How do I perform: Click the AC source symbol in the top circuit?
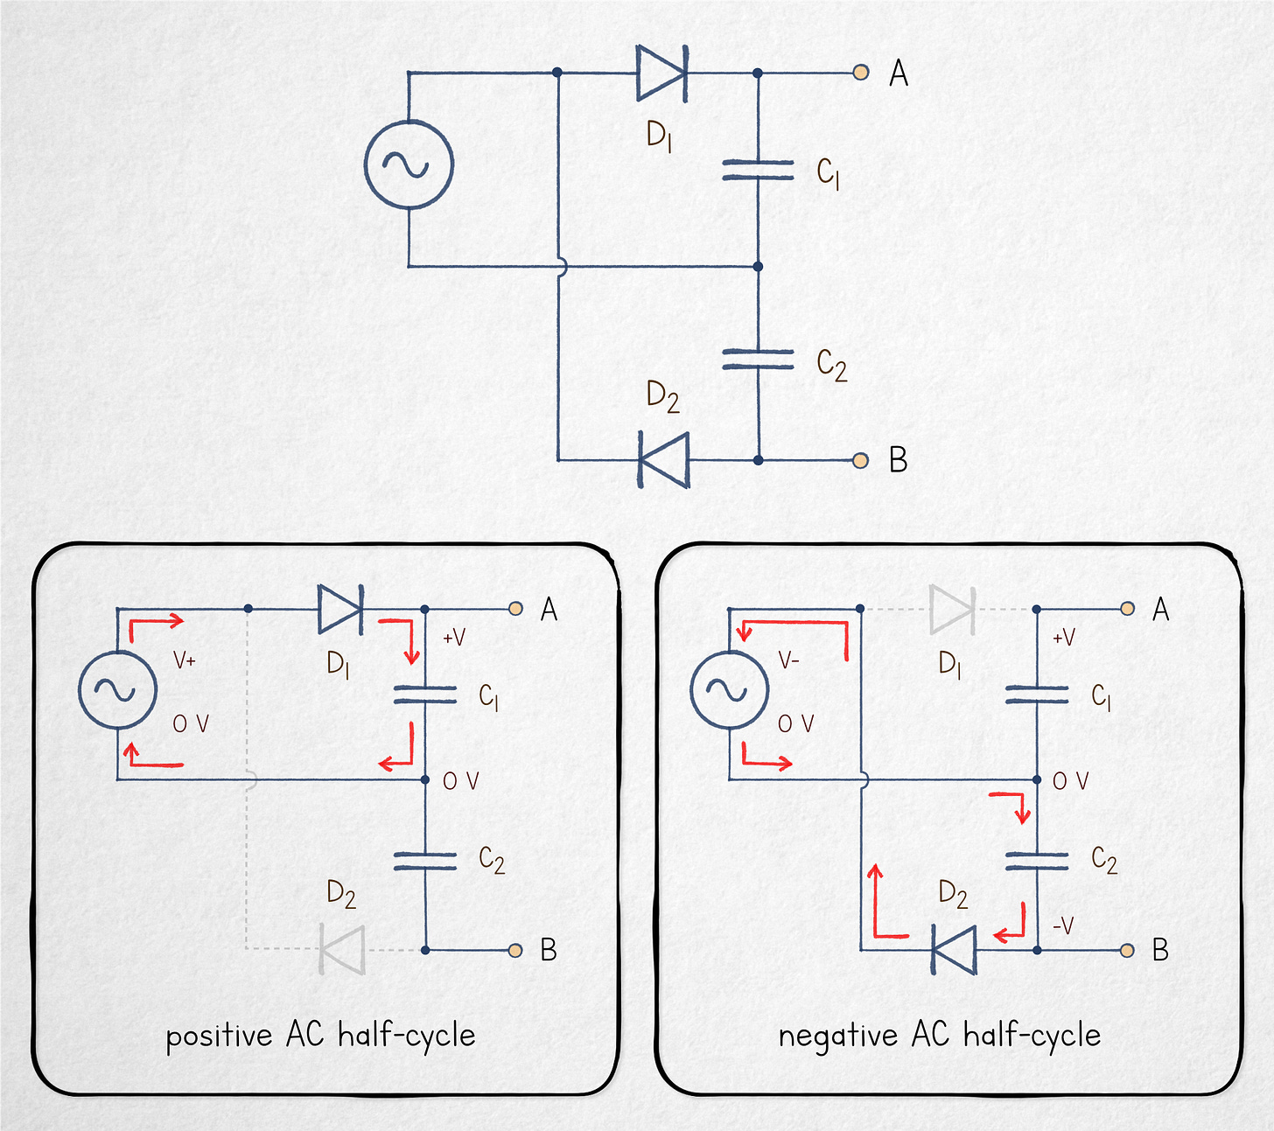(409, 164)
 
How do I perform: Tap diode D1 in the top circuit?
(661, 73)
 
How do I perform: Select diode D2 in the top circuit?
(664, 460)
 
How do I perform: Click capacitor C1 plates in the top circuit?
(758, 170)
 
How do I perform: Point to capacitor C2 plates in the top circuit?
(758, 360)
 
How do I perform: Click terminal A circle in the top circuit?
(861, 73)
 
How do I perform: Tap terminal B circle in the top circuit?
(861, 460)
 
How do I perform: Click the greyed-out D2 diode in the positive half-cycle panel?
(342, 949)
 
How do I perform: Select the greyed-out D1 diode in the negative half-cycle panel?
(952, 609)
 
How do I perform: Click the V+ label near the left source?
(184, 660)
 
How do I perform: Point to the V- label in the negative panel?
(788, 660)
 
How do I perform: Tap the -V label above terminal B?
(1063, 925)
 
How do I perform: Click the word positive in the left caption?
(219, 1037)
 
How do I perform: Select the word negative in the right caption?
(837, 1037)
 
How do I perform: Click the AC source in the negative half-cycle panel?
(729, 690)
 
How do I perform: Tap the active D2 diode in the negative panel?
(954, 950)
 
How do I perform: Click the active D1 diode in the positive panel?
(340, 609)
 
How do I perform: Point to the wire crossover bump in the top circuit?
(561, 267)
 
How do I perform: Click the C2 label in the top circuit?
(831, 365)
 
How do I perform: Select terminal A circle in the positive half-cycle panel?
(516, 609)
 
